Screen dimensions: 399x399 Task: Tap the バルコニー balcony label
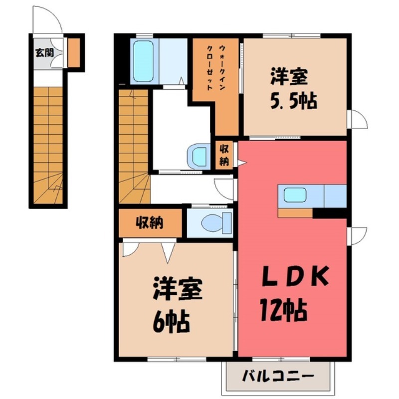coord(278,376)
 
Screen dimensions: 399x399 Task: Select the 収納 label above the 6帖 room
coord(150,223)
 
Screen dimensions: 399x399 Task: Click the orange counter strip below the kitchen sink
coord(295,213)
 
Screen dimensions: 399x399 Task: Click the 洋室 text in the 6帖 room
coord(177,291)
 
